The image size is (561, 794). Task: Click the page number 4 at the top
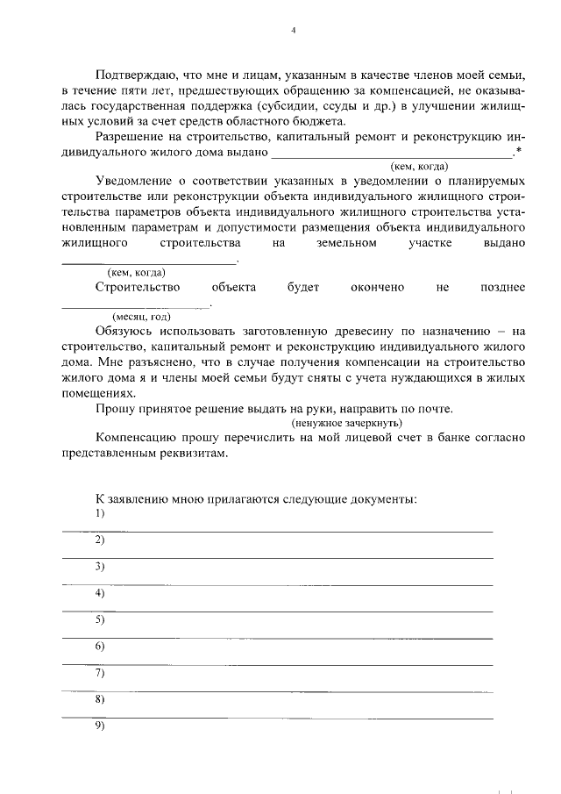(x=294, y=30)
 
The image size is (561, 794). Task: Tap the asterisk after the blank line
(x=520, y=152)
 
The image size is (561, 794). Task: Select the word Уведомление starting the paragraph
(x=138, y=182)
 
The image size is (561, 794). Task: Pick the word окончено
(x=378, y=287)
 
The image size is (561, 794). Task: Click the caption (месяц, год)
(x=141, y=317)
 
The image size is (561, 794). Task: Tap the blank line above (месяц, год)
(x=135, y=305)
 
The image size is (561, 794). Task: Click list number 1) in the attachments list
(x=99, y=513)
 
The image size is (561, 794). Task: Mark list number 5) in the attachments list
(x=99, y=620)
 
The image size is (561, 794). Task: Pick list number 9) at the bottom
(x=99, y=726)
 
